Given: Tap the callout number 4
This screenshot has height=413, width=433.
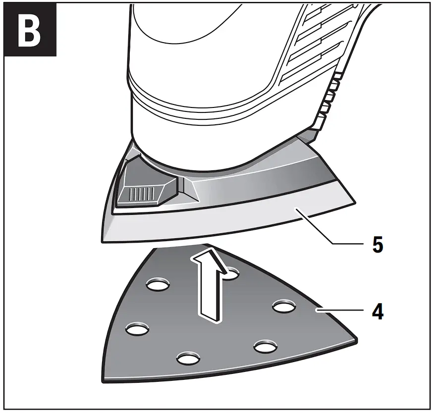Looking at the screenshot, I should click(x=377, y=312).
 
